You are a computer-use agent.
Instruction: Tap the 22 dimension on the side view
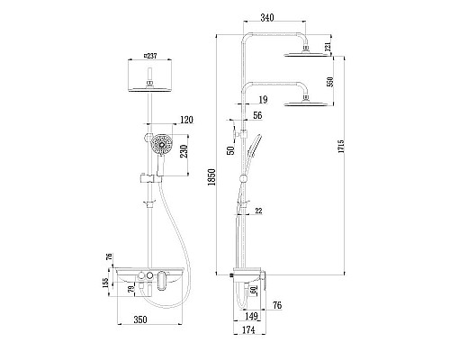[258, 211]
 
